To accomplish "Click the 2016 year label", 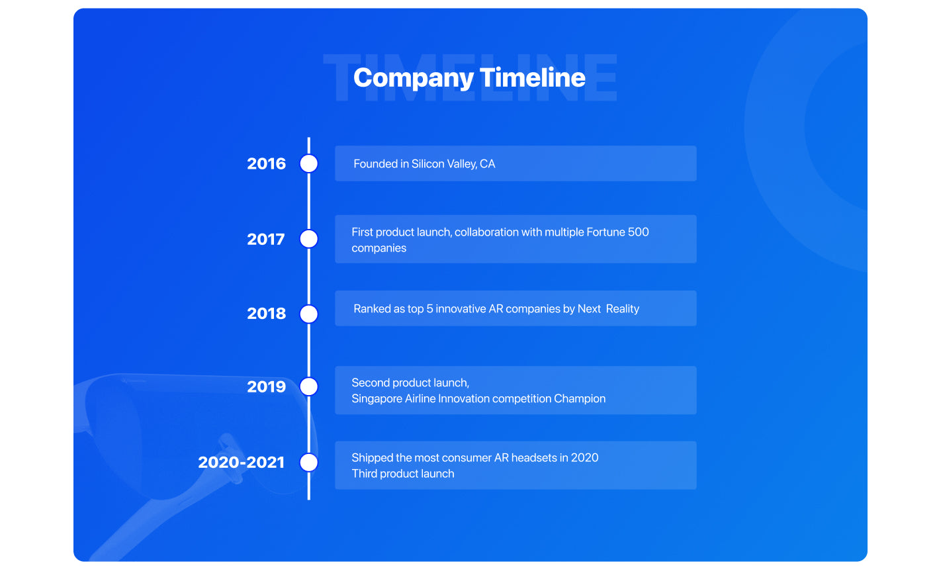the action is tap(266, 164).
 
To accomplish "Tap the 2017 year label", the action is tap(266, 240).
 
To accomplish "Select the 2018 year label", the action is tap(266, 314).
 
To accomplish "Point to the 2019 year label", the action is tap(266, 387).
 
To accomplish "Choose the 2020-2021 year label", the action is tap(242, 463).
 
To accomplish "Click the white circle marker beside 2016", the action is tap(309, 163).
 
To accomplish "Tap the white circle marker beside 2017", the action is tap(309, 239).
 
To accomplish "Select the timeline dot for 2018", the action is tap(309, 314).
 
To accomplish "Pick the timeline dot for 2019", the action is tap(309, 386).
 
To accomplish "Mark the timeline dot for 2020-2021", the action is tap(309, 463).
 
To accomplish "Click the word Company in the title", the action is tap(414, 79).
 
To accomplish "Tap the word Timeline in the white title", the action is tap(533, 77).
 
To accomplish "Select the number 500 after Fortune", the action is tap(639, 232).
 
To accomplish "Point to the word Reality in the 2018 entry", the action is tap(623, 309).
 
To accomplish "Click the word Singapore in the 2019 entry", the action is tap(377, 399).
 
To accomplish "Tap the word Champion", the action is tap(580, 399).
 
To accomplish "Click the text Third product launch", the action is tap(403, 474).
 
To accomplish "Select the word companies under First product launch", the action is tap(379, 249).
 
